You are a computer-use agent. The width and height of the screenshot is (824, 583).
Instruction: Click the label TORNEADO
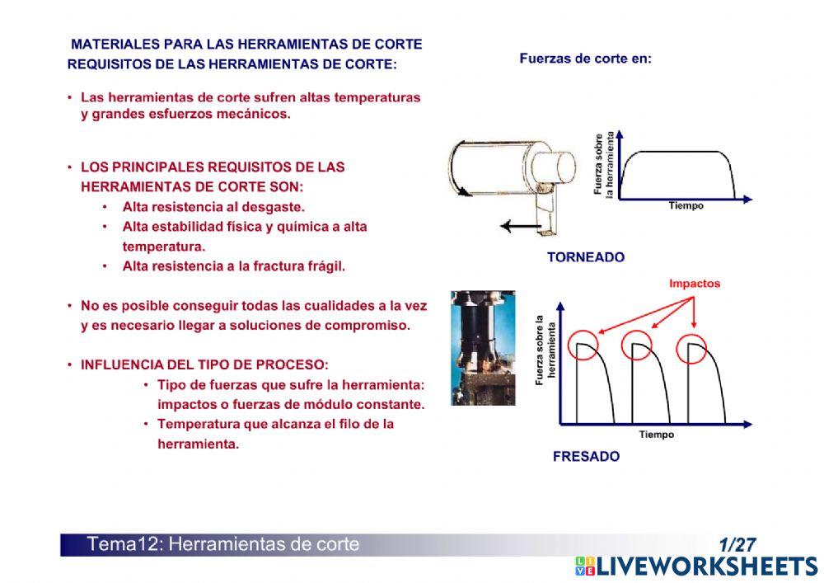tap(586, 257)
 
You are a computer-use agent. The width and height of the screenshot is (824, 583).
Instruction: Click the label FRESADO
tap(586, 456)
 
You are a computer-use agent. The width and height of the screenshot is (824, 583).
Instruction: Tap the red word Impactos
tap(695, 284)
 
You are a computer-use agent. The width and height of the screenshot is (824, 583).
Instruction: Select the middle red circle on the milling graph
tap(637, 346)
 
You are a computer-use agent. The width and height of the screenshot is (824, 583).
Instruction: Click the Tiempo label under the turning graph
tap(686, 206)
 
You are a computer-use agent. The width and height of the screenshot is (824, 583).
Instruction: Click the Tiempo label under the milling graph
tap(656, 435)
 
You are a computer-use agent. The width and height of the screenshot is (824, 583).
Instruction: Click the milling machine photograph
tap(483, 347)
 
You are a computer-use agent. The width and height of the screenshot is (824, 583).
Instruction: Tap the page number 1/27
tap(737, 545)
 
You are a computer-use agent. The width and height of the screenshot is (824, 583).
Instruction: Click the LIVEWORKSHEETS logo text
tap(707, 567)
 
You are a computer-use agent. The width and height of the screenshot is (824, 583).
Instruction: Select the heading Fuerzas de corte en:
tap(585, 59)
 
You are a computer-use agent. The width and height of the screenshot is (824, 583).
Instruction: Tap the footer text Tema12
tap(118, 544)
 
